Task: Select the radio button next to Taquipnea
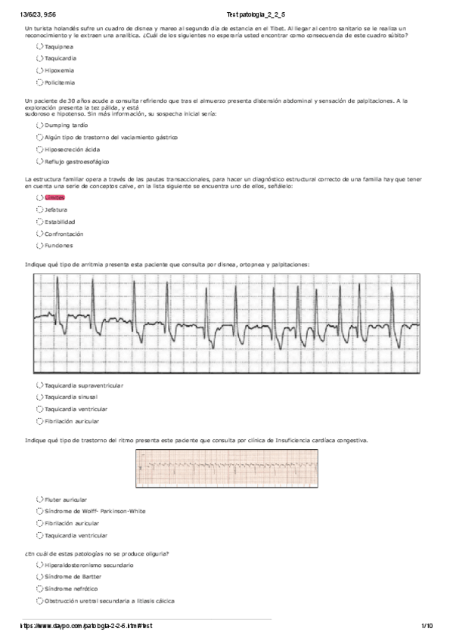(39, 46)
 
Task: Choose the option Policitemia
(39, 82)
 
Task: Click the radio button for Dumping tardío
(39, 125)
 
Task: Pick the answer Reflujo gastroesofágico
(39, 161)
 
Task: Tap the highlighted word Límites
(54, 197)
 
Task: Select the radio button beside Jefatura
(39, 209)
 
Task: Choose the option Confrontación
(39, 234)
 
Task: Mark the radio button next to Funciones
(39, 246)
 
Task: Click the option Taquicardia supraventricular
(39, 385)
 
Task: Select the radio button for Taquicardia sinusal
(39, 397)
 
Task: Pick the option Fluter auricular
(39, 500)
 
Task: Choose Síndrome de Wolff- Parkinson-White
(39, 511)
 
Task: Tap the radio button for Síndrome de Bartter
(39, 577)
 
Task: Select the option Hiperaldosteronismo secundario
(39, 565)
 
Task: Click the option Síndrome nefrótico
(39, 589)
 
